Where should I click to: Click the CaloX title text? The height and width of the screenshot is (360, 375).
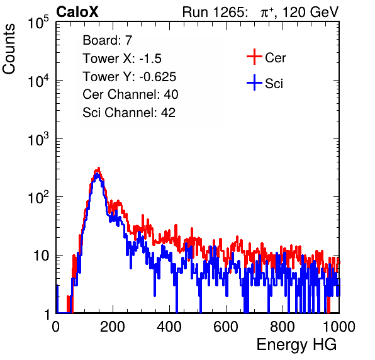pyautogui.click(x=77, y=11)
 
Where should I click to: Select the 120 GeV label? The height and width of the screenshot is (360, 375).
pyautogui.click(x=311, y=12)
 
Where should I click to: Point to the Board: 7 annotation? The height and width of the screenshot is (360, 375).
pyautogui.click(x=108, y=40)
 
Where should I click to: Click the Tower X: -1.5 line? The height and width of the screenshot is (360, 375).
pyautogui.click(x=122, y=58)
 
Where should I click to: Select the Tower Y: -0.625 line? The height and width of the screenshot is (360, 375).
pyautogui.click(x=130, y=76)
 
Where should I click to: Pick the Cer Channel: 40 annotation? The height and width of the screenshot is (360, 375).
pyautogui.click(x=130, y=94)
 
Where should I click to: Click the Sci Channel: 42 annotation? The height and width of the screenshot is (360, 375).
pyautogui.click(x=129, y=112)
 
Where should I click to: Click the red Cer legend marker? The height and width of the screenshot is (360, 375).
pyautogui.click(x=254, y=57)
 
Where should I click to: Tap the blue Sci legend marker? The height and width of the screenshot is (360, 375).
pyautogui.click(x=254, y=82)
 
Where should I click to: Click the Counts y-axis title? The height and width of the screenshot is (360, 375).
pyautogui.click(x=9, y=49)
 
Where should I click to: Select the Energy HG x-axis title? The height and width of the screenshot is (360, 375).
pyautogui.click(x=296, y=345)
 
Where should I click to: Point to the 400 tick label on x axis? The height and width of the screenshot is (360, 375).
pyautogui.click(x=169, y=327)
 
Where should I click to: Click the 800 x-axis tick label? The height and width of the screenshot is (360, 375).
pyautogui.click(x=283, y=327)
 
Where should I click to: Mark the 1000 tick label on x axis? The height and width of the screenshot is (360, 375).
pyautogui.click(x=339, y=327)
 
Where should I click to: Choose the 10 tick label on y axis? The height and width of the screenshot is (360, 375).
pyautogui.click(x=42, y=256)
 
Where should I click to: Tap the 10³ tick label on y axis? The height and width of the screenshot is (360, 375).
pyautogui.click(x=38, y=139)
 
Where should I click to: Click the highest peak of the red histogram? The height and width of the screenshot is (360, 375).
pyautogui.click(x=99, y=168)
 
